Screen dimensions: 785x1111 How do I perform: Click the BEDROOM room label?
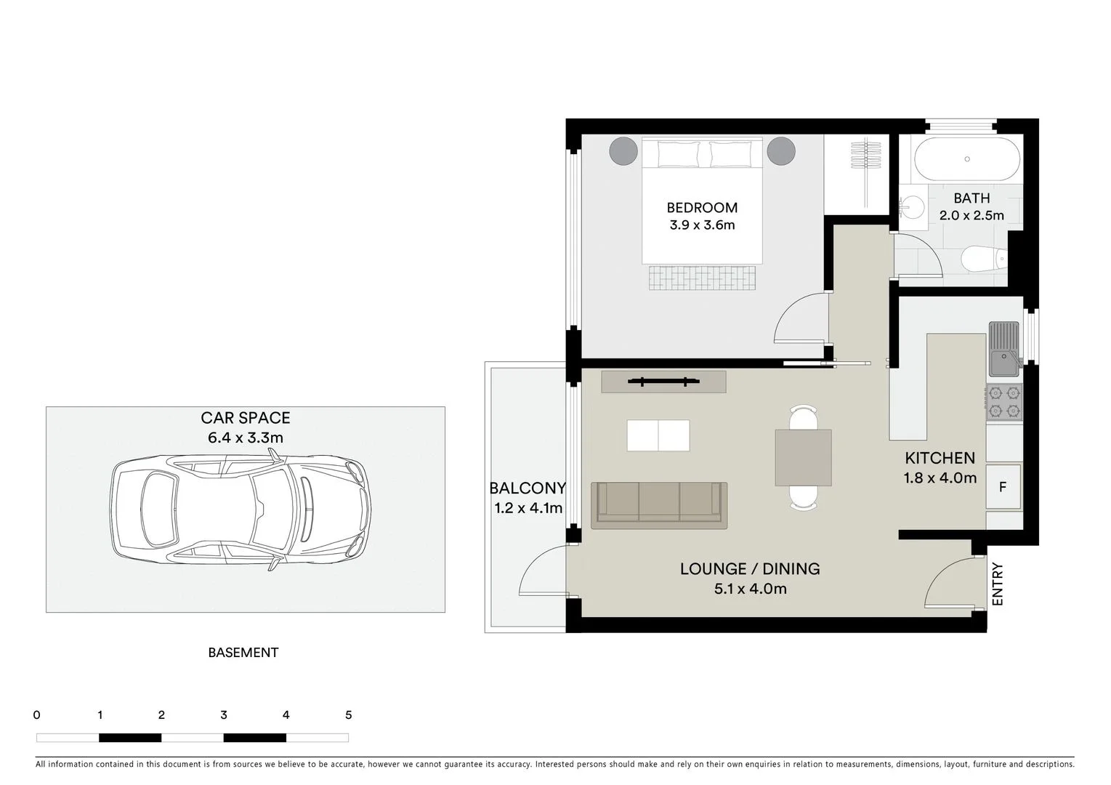(x=702, y=208)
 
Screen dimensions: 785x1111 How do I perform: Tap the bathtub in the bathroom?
(x=967, y=159)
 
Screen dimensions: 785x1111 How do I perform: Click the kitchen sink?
(x=1003, y=350)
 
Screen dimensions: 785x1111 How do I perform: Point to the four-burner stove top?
(x=1003, y=403)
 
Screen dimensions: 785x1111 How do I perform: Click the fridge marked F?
(x=1003, y=487)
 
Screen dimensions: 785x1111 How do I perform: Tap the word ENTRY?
(x=998, y=584)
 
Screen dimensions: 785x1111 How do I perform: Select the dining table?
(x=803, y=458)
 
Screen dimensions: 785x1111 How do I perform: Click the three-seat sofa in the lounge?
(x=659, y=503)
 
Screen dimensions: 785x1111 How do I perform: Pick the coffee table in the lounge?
(x=658, y=435)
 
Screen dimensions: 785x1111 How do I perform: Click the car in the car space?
(x=240, y=509)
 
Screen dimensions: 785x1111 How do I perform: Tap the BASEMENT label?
(x=243, y=653)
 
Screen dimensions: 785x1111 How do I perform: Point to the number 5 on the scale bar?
(x=349, y=715)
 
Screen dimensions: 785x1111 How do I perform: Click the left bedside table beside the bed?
(x=622, y=151)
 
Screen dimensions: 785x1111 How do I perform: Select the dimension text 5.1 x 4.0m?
(x=750, y=589)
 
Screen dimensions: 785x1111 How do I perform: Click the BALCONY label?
(x=528, y=488)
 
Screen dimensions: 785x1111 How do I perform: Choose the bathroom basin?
(x=909, y=206)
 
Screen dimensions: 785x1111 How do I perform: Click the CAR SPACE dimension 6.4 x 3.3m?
(x=246, y=438)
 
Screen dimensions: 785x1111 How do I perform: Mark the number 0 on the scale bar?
(x=37, y=715)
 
